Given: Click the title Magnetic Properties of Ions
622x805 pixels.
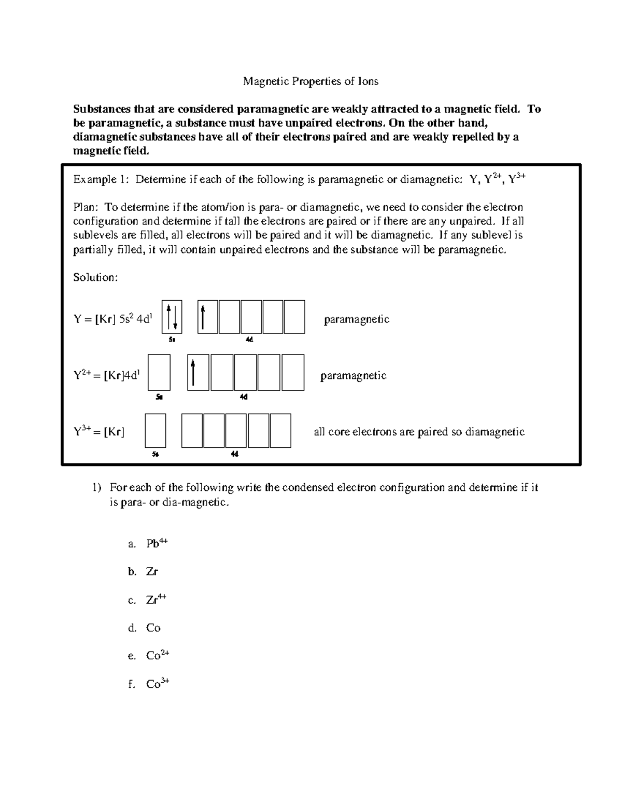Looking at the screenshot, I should (311, 81).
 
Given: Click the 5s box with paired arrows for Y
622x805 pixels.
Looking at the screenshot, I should (172, 317).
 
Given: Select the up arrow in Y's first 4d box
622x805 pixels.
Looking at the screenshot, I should (203, 317).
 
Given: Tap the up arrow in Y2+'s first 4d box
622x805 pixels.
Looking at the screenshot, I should (193, 373).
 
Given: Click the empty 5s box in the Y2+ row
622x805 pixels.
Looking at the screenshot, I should (159, 372).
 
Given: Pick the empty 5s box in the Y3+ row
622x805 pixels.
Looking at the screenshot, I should (155, 430).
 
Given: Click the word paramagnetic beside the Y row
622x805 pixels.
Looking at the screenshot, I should (356, 319).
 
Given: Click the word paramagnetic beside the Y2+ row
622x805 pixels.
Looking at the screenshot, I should (353, 376).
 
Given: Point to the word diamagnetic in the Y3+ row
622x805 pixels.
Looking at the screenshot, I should (494, 432).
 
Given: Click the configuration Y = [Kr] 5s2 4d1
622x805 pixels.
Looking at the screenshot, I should (113, 319).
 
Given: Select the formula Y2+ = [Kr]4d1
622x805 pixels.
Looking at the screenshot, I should (106, 376).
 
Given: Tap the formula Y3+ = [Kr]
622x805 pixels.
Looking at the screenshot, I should (99, 432).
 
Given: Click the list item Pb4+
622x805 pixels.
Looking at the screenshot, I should (157, 544).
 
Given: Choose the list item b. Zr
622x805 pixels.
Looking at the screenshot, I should (151, 572).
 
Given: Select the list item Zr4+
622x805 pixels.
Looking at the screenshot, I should (155, 600).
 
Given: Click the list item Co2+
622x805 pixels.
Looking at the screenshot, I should (157, 656).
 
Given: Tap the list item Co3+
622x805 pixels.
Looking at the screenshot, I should (157, 684).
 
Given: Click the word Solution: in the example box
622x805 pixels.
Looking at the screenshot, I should (96, 277).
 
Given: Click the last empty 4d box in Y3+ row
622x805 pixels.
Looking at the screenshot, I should (280, 430).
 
